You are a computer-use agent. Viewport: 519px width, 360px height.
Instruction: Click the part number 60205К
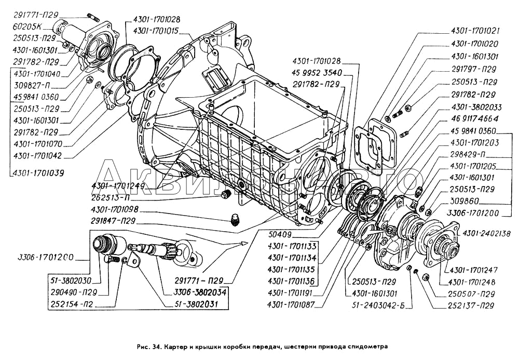(25, 26)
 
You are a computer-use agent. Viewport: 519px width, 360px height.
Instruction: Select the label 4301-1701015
(156, 31)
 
